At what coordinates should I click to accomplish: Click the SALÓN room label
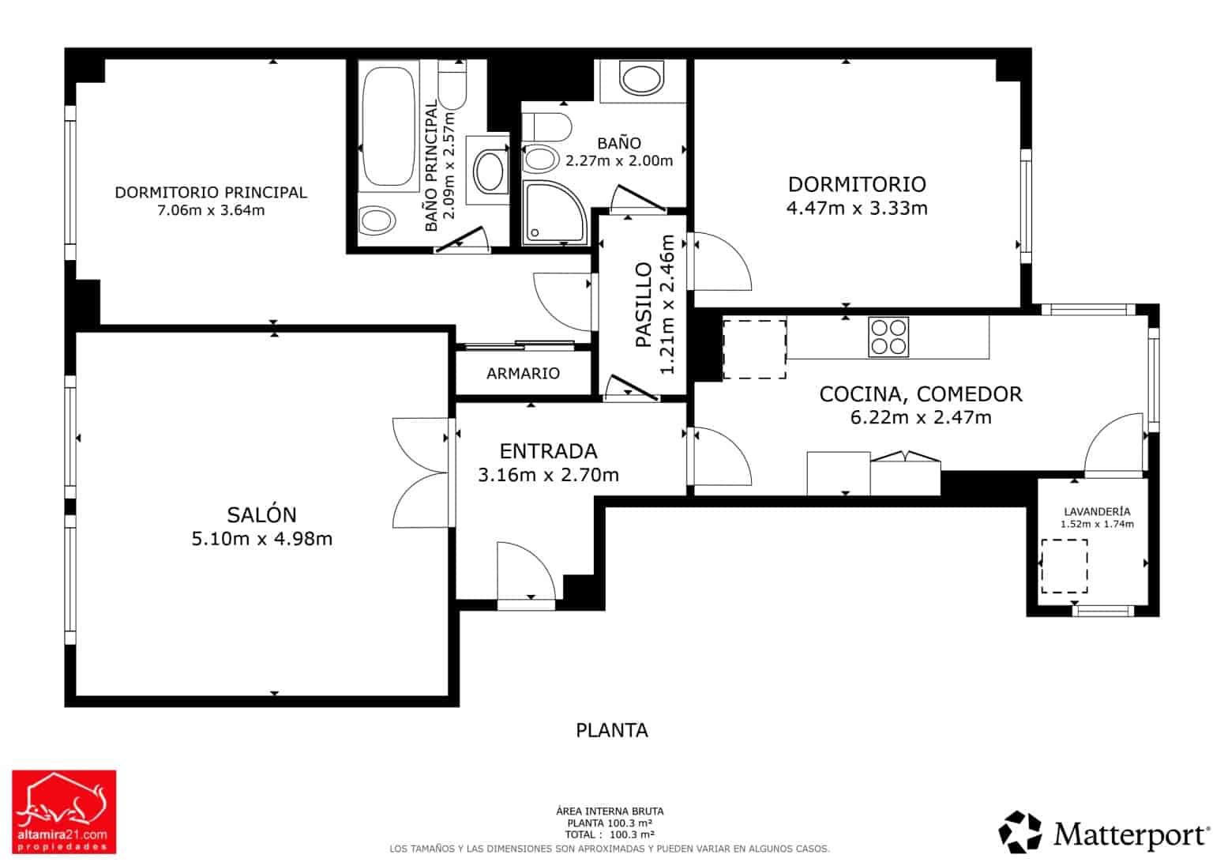coord(261,514)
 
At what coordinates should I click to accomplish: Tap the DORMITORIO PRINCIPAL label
coord(211,193)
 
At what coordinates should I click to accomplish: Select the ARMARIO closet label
coord(523,374)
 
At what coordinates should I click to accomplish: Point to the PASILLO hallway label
coord(644,304)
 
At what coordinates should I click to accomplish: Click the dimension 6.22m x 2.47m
coord(921,418)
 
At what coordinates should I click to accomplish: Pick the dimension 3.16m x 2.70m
coord(549,475)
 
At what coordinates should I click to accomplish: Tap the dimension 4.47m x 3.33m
coord(857,209)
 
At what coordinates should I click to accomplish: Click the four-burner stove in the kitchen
coord(888,337)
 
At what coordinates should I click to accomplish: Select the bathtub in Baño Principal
coord(388,126)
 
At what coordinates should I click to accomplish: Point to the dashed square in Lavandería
coord(1064,566)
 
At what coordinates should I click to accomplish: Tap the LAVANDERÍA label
coord(1097,512)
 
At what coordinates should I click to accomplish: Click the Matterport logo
coord(1102,834)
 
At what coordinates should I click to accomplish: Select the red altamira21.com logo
coord(64,811)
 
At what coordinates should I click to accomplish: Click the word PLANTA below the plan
coord(612,730)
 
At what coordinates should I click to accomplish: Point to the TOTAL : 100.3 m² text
coord(610,835)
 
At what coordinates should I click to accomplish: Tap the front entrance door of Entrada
coord(526,574)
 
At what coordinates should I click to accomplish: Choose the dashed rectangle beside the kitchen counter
coord(755,349)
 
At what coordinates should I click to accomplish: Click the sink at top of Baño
coord(641,78)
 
